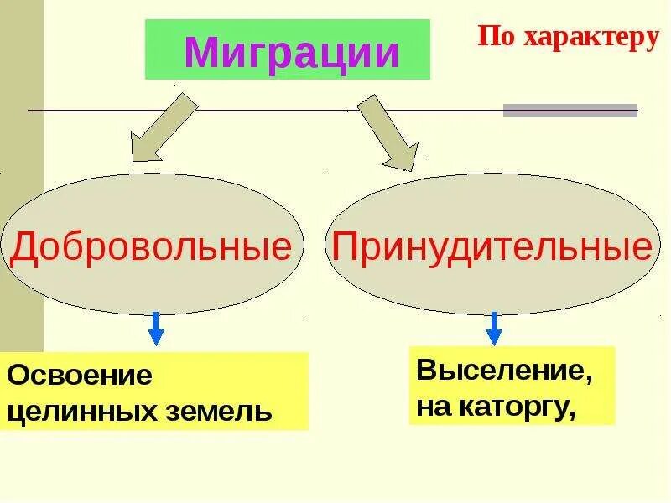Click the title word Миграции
pyautogui.click(x=291, y=53)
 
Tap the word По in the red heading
pyautogui.click(x=493, y=38)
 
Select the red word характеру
pyautogui.click(x=587, y=38)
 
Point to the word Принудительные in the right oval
pyautogui.click(x=492, y=246)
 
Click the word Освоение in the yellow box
pyautogui.click(x=81, y=375)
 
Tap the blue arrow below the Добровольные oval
pyautogui.click(x=156, y=328)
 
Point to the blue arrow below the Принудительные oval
pyautogui.click(x=494, y=328)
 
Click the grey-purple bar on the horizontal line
pyautogui.click(x=570, y=111)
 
